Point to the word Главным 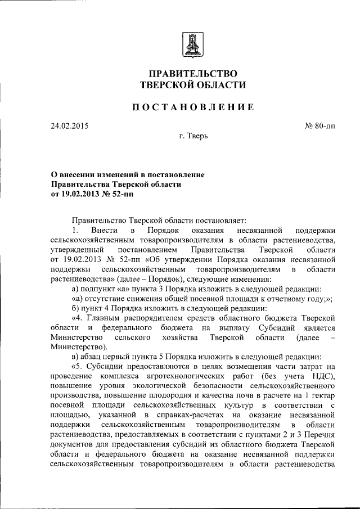point(110,318)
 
